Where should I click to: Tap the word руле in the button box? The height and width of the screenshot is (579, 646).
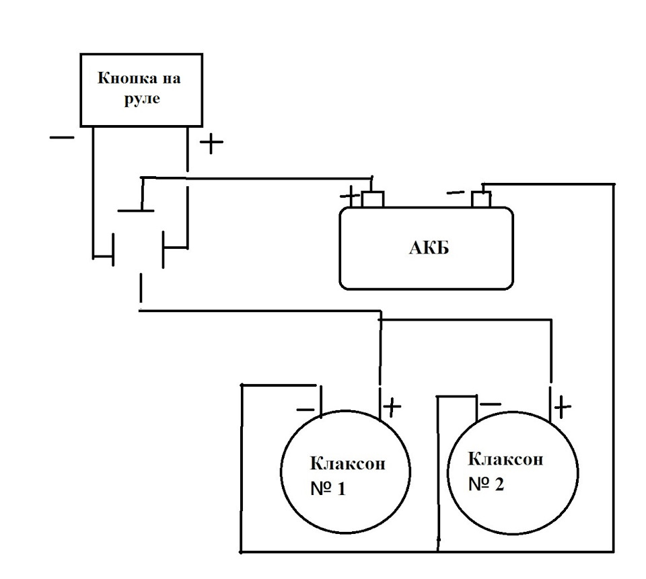(x=142, y=99)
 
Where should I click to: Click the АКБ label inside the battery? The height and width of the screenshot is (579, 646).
(x=429, y=248)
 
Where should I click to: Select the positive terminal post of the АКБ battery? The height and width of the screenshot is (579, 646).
(x=373, y=199)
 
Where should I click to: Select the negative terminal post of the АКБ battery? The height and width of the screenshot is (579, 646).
(x=481, y=200)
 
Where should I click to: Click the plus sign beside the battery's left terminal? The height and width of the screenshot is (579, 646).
(x=350, y=196)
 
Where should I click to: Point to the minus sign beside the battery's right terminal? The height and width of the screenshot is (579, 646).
(x=456, y=193)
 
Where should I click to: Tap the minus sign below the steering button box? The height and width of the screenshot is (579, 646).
(x=62, y=137)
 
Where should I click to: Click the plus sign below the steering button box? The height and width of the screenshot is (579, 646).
(x=211, y=142)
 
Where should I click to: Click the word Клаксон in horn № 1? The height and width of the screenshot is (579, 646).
(x=347, y=464)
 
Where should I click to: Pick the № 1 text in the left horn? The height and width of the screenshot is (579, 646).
(x=328, y=489)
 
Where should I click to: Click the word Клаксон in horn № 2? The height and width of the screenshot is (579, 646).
(x=505, y=459)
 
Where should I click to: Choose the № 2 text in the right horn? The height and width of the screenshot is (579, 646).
(x=486, y=484)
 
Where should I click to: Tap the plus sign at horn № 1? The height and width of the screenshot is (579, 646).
(x=392, y=407)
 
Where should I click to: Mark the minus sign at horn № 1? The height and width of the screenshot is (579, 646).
(x=306, y=410)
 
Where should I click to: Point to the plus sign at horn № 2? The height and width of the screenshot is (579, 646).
(x=563, y=407)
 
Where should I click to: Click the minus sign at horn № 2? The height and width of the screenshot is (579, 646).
(x=491, y=404)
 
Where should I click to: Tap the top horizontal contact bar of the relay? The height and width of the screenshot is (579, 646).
(x=136, y=211)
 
